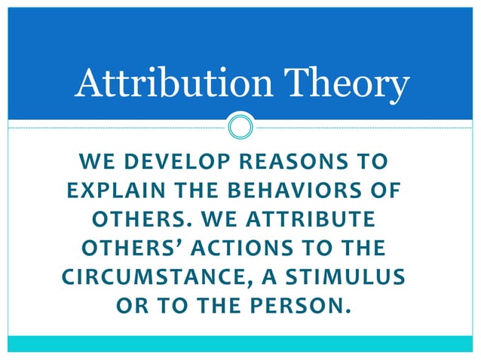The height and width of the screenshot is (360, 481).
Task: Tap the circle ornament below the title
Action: (240, 127)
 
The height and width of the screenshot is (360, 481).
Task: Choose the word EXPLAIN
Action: (102, 192)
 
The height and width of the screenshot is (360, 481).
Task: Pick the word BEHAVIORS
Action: (290, 192)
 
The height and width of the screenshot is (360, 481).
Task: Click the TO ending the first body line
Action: (374, 162)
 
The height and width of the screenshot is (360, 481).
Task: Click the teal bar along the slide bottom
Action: (240, 344)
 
